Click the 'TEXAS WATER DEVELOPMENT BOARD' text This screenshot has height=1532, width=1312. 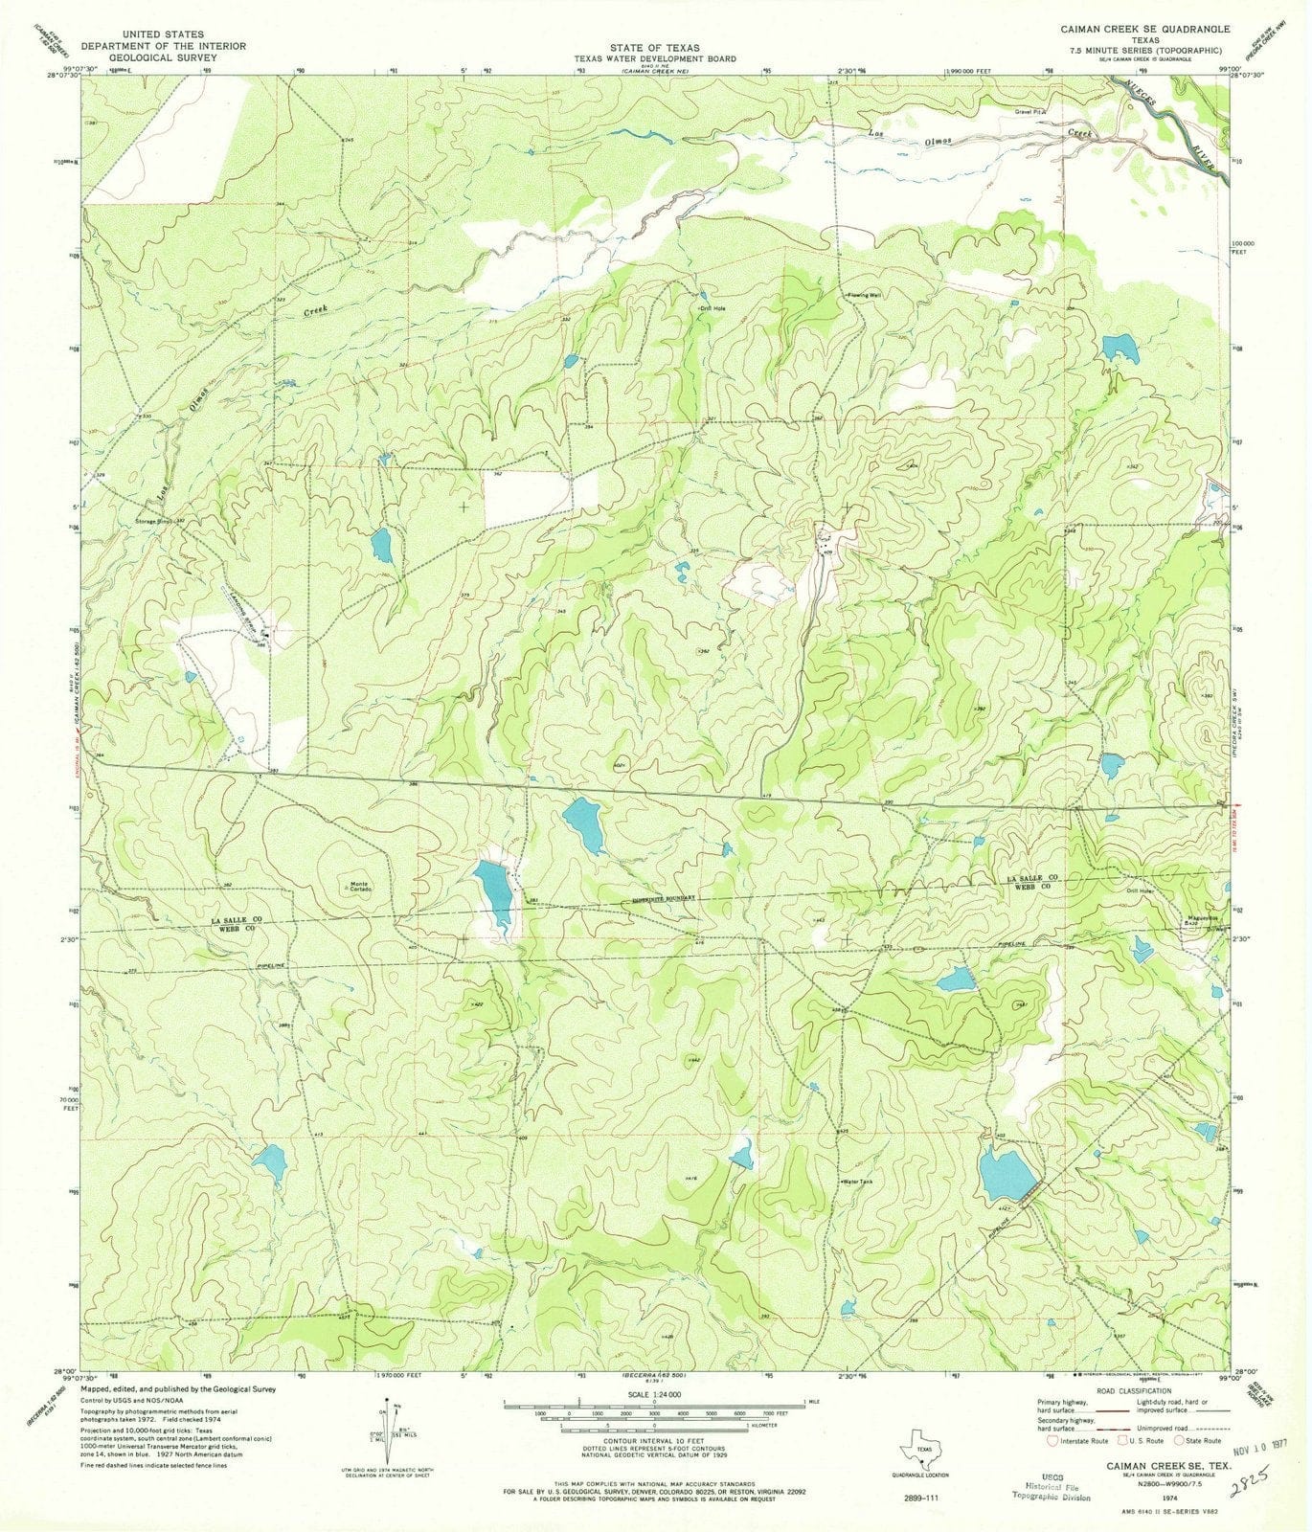click(655, 58)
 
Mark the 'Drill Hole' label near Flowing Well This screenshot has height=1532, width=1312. click(712, 308)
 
